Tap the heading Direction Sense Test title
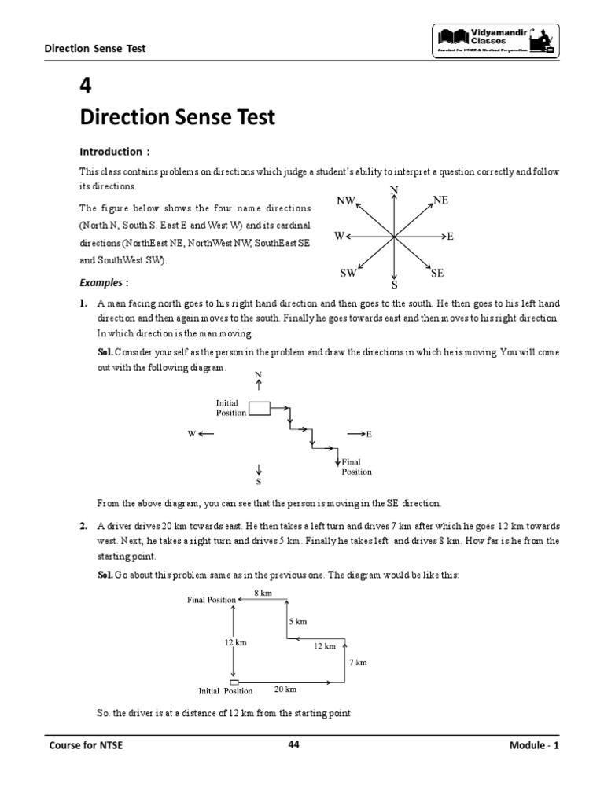[x=177, y=118]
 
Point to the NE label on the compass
[x=440, y=201]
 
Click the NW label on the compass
[x=346, y=201]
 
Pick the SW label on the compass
[x=348, y=273]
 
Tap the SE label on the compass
[x=437, y=273]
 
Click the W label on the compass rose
[x=338, y=236]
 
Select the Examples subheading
[x=104, y=282]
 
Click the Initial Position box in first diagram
[x=259, y=407]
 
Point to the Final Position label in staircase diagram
[x=355, y=467]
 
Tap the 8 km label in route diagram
[x=263, y=594]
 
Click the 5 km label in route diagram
[x=297, y=621]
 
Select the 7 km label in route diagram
[x=358, y=662]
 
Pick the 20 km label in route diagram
[x=285, y=689]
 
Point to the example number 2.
[x=83, y=526]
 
